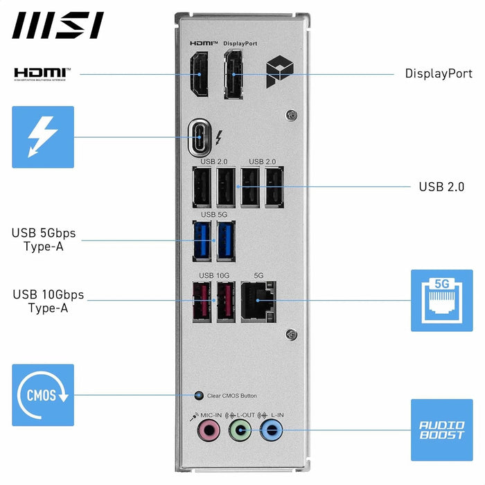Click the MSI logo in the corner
[58, 25]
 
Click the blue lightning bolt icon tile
[42, 136]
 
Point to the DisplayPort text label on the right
[439, 73]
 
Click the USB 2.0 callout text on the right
[441, 187]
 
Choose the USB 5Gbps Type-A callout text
[43, 239]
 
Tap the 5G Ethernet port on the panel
[259, 301]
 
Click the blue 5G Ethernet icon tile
[441, 300]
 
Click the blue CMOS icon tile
[42, 395]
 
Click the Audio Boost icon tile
[441, 430]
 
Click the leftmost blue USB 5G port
[202, 240]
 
